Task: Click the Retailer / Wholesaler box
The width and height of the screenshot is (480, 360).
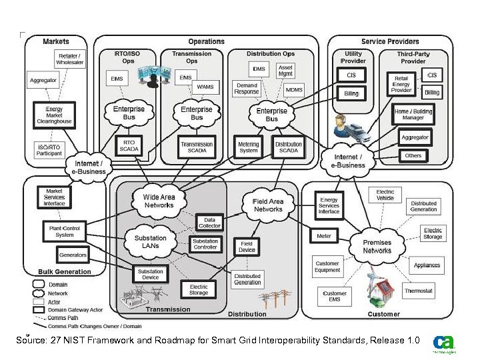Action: tap(71, 59)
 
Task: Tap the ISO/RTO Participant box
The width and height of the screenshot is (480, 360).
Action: tap(49, 150)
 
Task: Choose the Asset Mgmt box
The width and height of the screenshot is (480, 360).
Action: tap(285, 71)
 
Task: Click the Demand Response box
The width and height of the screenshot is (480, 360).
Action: tap(246, 89)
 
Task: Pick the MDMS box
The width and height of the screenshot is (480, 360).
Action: tap(293, 89)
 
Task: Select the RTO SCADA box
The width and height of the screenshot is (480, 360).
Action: tap(129, 145)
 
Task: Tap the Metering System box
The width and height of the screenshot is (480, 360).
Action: tap(248, 147)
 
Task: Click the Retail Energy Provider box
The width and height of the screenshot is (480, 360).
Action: tap(401, 84)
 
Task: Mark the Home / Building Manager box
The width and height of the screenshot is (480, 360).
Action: tap(413, 115)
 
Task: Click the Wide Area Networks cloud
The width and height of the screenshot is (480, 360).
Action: tap(159, 201)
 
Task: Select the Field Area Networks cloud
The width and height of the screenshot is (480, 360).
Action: tap(268, 205)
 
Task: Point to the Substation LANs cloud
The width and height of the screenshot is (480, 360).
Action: tap(151, 242)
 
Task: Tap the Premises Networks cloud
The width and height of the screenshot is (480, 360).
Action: tap(377, 247)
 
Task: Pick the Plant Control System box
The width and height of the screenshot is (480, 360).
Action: tap(65, 231)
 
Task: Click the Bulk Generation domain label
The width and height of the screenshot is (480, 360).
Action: tap(65, 271)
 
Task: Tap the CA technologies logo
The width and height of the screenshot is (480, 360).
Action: tap(443, 343)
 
